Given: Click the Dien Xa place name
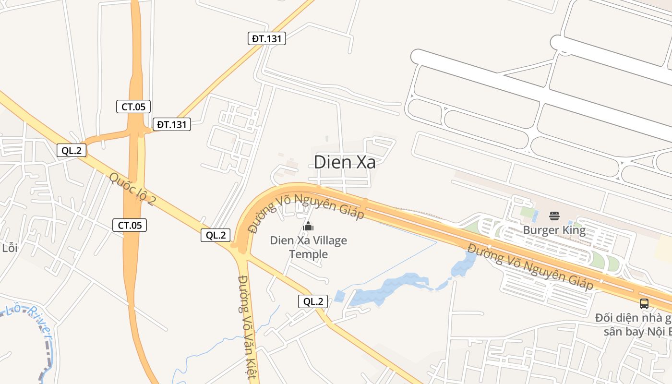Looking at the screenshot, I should coord(345,162).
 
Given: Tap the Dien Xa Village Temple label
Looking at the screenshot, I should coord(308,247).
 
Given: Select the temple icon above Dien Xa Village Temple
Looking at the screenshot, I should coord(308,226).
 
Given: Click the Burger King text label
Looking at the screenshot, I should coord(554,230).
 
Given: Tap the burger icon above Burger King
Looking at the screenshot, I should coord(554,216).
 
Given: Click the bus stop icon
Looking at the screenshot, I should coord(644,303).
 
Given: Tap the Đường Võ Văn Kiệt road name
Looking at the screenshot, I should coord(248,326).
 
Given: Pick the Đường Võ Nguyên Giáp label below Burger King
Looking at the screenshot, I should coord(530,266).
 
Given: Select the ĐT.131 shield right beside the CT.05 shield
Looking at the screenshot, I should coord(172,125).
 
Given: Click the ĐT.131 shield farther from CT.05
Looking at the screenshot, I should coord(267,38).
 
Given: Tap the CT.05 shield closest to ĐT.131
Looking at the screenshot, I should coord(133,107).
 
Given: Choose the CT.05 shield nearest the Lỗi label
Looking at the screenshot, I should coord(130,225).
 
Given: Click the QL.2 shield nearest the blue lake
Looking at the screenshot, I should coord(313,301).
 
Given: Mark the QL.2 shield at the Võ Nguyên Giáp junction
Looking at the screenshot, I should coord(216,235).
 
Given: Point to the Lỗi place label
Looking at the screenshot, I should coord(10,248).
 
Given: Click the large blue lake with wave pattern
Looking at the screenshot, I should coord(384,289).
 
